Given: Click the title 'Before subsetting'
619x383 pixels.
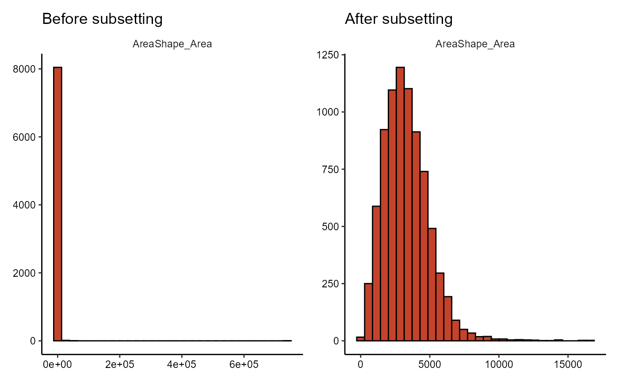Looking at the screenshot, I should pyautogui.click(x=102, y=19).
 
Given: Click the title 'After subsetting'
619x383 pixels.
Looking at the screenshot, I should pyautogui.click(x=398, y=19).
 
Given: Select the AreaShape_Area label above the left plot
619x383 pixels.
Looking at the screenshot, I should pyautogui.click(x=172, y=44).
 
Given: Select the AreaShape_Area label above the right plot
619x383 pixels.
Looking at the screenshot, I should pyautogui.click(x=475, y=44).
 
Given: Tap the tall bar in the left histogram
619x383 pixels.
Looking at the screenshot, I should pyautogui.click(x=57, y=204).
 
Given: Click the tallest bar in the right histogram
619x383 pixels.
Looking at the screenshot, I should pyautogui.click(x=400, y=204).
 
